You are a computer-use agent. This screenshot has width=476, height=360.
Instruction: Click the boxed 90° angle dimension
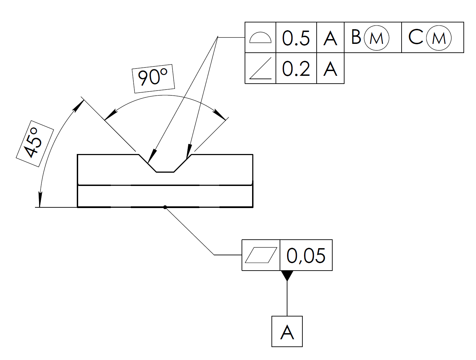[x=153, y=79]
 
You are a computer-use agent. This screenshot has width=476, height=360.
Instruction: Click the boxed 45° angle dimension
[x=35, y=143]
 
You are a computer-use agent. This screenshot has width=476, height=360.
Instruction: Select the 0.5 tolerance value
[x=296, y=38]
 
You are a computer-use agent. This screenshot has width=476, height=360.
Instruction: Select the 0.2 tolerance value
[x=296, y=69]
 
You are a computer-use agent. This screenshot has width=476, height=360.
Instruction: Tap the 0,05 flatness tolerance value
[x=306, y=255]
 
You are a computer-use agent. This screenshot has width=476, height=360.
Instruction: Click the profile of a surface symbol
[x=260, y=38]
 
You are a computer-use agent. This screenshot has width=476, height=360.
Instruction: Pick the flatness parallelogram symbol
[x=261, y=255]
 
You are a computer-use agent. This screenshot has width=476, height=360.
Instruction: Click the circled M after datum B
[x=376, y=38]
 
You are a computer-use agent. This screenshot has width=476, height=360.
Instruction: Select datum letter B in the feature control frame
[x=356, y=37]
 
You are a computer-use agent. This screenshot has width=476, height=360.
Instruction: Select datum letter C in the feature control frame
[x=415, y=37]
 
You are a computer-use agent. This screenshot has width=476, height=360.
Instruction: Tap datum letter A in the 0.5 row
[x=330, y=38]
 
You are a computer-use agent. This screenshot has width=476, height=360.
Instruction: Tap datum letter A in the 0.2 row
[x=330, y=69]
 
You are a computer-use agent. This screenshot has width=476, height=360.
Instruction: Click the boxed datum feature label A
[x=287, y=331]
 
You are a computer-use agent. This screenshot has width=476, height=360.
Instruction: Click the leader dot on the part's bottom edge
[x=165, y=207]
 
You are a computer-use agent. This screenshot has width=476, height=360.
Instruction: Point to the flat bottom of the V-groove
[x=165, y=172]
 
